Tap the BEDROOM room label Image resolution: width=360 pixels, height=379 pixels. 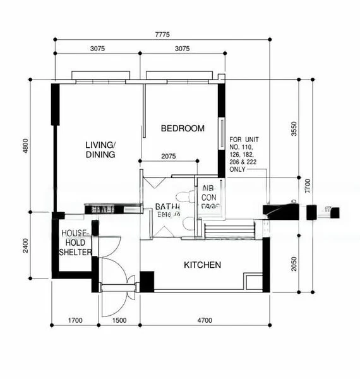pos(183,128)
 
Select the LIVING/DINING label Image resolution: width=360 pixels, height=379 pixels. pos(100,150)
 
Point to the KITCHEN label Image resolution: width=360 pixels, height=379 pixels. pos(202,265)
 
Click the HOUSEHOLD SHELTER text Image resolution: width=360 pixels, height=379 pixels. pos(75,243)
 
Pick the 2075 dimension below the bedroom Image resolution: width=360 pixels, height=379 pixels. pos(169,156)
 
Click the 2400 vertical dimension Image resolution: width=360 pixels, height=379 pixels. pos(25,244)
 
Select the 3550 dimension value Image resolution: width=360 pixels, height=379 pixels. pos(293,129)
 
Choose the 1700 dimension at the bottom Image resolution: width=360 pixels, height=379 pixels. pos(76,321)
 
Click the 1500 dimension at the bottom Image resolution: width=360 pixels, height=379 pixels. pos(119,321)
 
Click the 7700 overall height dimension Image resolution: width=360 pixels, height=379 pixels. pos(307,186)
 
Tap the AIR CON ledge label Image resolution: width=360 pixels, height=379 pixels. pos(210,196)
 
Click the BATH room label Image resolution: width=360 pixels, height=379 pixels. pos(167,207)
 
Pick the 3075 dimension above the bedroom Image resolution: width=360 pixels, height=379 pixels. pos(182,49)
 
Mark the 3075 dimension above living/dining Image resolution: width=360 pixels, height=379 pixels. pos(97,49)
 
